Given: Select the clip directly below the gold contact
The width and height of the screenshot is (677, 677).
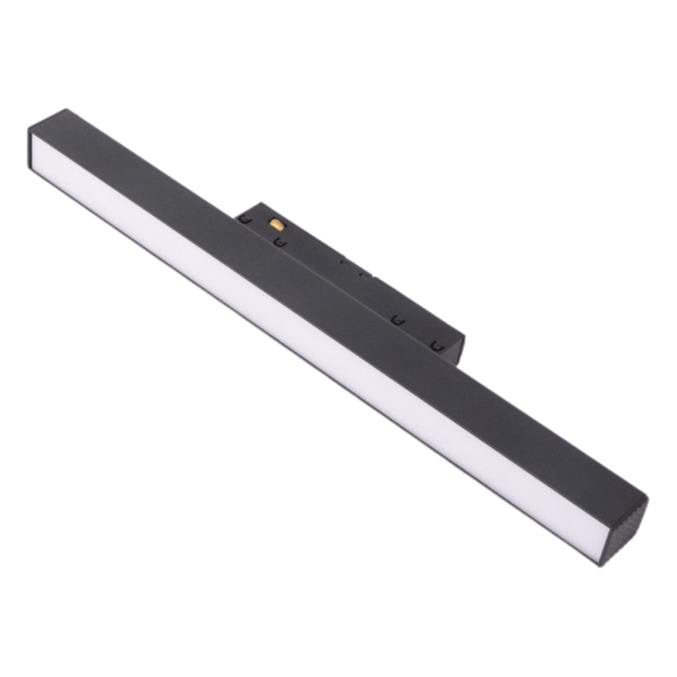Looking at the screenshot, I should tap(279, 243).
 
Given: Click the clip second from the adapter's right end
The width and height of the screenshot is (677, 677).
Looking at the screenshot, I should tap(396, 320).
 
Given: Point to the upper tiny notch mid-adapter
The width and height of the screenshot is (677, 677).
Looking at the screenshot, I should tap(344, 260).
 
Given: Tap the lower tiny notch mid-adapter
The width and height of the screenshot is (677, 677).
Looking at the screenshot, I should tap(365, 274).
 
